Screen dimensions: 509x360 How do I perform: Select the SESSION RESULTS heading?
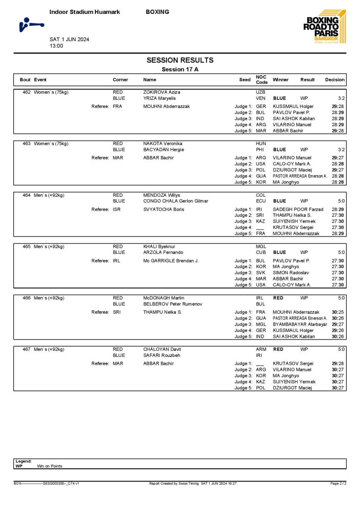coord(180,60)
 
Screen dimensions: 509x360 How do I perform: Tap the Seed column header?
coord(245,80)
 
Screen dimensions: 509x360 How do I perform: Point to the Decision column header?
coord(335,80)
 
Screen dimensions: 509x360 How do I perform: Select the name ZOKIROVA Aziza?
coord(162,92)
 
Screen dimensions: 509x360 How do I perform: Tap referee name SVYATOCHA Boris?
coord(165,209)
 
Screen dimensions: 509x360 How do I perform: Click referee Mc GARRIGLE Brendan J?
coord(171,261)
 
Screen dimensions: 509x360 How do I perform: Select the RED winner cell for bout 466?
coord(278,298)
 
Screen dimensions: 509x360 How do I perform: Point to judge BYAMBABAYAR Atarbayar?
coord(300,324)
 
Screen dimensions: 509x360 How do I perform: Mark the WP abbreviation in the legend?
coord(19,466)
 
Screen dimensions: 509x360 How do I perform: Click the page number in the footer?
coord(338,483)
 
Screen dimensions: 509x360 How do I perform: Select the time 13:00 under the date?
coord(56,46)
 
